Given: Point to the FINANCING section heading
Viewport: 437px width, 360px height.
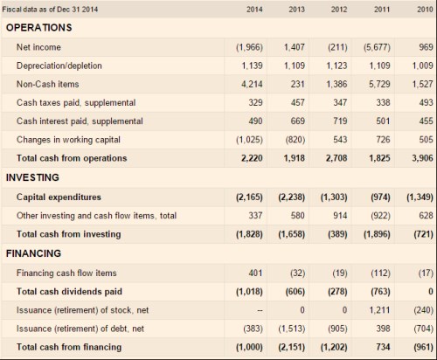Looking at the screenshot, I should point(34,253).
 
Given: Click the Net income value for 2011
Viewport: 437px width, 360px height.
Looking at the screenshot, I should point(374,46).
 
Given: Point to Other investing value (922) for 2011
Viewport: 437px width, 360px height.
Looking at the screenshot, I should point(376,215).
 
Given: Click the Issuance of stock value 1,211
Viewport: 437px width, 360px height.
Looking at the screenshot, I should point(376,310).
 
